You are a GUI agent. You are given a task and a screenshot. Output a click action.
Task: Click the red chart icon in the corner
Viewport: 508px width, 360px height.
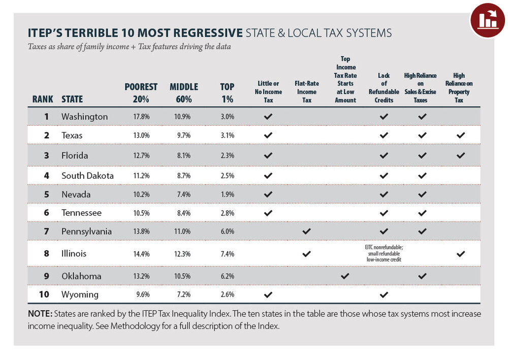click(x=487, y=20)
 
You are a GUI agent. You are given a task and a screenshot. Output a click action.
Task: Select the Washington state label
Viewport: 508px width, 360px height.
click(x=84, y=117)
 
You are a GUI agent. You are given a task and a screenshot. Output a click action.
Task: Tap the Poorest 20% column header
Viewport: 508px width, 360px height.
click(x=141, y=93)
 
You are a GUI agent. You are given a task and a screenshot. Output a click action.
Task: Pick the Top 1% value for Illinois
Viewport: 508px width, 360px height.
click(x=227, y=253)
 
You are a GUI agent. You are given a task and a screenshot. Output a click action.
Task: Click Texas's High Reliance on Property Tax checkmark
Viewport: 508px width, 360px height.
click(x=461, y=136)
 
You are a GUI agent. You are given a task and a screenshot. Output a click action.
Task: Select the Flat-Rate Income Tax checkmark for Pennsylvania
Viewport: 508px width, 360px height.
click(x=306, y=232)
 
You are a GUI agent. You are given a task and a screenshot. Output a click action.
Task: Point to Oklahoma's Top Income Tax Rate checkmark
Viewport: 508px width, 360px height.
click(x=345, y=276)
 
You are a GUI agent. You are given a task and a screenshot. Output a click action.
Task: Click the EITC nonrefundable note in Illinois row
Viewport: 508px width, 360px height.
click(x=384, y=253)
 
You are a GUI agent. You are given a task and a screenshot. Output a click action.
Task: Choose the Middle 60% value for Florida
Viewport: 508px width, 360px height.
click(x=184, y=155)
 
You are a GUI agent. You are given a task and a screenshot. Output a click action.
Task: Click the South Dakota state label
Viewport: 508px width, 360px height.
click(x=87, y=176)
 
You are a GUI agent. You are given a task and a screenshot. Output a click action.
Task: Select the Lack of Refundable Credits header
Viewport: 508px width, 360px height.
click(x=384, y=88)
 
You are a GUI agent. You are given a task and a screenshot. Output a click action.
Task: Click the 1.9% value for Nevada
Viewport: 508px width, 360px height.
click(x=227, y=194)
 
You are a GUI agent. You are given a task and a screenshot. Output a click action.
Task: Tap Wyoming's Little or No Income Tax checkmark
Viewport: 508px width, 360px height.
click(x=268, y=294)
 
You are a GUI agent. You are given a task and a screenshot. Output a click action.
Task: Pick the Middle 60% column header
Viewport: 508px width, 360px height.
click(x=184, y=93)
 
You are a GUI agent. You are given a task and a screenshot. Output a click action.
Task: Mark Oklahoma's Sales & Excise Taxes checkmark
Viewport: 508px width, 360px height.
click(x=422, y=276)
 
